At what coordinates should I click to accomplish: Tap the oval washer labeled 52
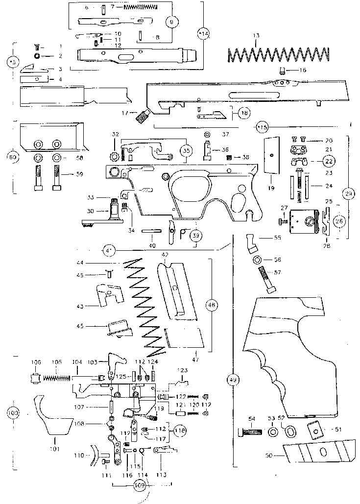pyautogui.click(x=290, y=432)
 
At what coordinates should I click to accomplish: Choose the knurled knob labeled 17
pyautogui.click(x=143, y=117)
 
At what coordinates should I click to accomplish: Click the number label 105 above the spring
pyautogui.click(x=57, y=362)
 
